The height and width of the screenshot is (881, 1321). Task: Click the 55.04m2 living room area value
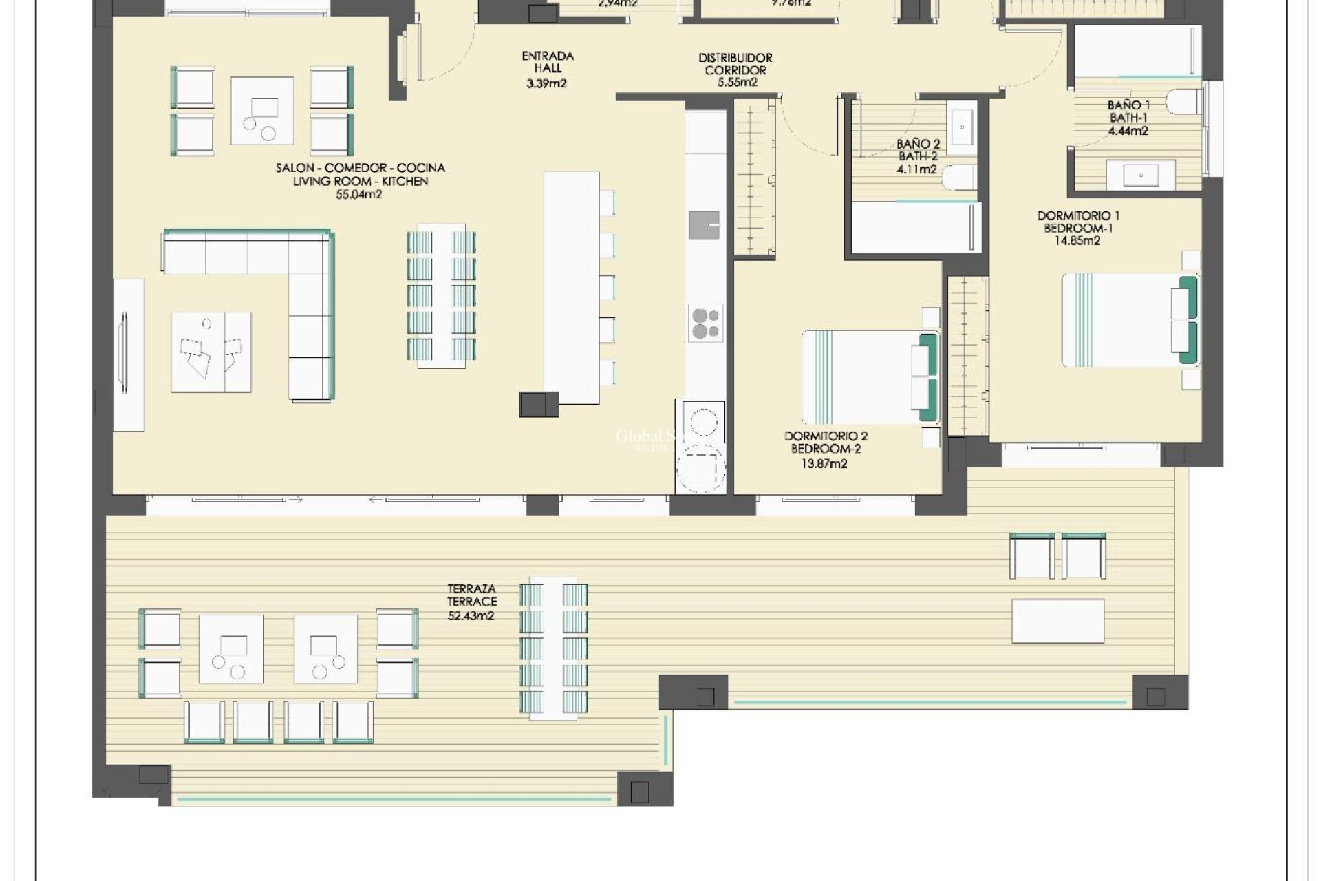coord(358,195)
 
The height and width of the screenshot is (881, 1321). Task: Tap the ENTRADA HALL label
coord(548,63)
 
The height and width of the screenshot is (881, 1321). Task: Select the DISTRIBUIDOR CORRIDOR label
coord(735,64)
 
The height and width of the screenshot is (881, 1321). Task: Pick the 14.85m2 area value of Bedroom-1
coord(1077,241)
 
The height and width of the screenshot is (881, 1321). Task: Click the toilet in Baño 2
coord(959,178)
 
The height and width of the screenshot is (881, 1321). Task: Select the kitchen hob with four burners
coord(706,323)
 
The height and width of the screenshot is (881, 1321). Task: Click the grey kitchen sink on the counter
coord(705,224)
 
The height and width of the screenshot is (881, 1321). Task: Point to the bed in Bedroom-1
coord(1128,320)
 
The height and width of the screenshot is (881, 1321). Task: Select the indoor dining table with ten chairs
coord(441,295)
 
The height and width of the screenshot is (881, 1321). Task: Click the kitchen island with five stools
coord(570,288)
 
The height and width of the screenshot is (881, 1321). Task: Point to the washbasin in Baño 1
coord(1140,175)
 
